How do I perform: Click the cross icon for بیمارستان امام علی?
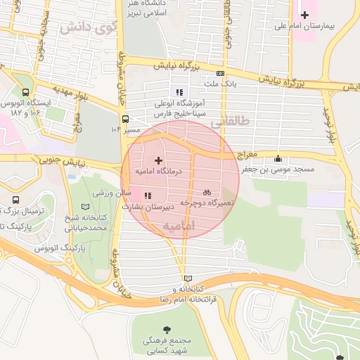pyautogui.click(x=304, y=15)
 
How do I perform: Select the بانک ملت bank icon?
pyautogui.click(x=221, y=73)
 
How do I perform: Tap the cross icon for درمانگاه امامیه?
pyautogui.click(x=157, y=161)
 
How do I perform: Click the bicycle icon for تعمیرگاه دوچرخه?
pyautogui.click(x=207, y=191)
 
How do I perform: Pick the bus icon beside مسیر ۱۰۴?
pyautogui.click(x=124, y=119)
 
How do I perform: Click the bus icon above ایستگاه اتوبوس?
pyautogui.click(x=26, y=92)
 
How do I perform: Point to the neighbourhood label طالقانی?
pyautogui.click(x=230, y=120)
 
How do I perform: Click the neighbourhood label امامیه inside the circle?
pyautogui.click(x=178, y=226)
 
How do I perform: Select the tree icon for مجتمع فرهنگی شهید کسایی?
pyautogui.click(x=167, y=329)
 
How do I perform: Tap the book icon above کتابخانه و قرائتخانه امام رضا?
pyautogui.click(x=186, y=278)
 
